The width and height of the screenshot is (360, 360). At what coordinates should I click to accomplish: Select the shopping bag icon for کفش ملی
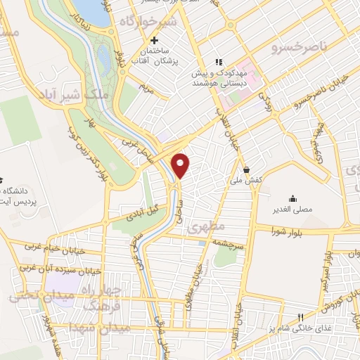pyautogui.click(x=247, y=169)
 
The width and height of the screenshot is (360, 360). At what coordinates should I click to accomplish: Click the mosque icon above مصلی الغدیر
pyautogui.click(x=292, y=198)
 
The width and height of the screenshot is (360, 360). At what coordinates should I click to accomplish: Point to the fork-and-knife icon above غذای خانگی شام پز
pyautogui.click(x=300, y=317)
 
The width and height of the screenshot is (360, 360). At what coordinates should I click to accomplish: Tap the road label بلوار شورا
pyautogui.click(x=290, y=229)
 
